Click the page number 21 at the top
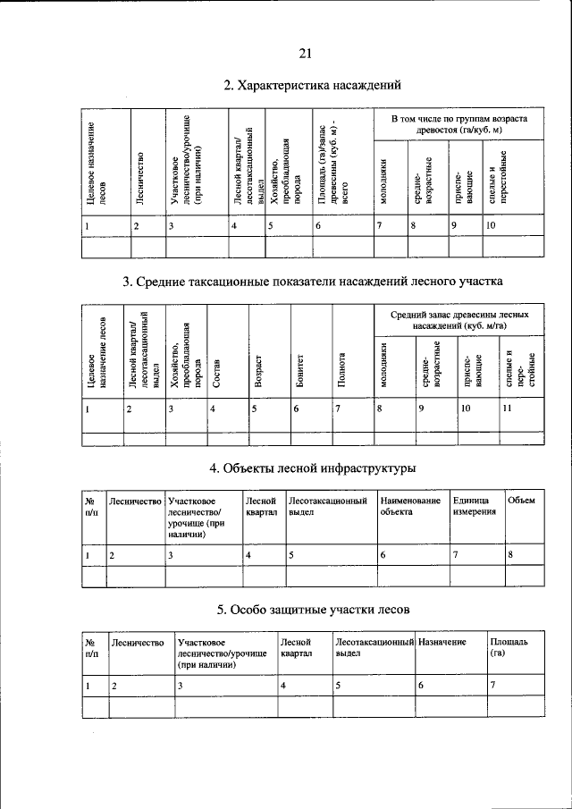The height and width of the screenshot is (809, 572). [x=305, y=53]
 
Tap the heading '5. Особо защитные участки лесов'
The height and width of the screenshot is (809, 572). [x=314, y=610]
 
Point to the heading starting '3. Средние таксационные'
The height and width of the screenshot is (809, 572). [x=313, y=282]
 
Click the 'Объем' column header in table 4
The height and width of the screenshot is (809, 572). [x=521, y=501]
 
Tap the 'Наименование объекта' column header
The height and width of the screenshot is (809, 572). [x=409, y=507]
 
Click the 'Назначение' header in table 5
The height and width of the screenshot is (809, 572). [x=442, y=642]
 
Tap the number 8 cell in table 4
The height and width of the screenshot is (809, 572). [x=510, y=556]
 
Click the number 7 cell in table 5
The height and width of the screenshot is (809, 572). [x=493, y=685]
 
